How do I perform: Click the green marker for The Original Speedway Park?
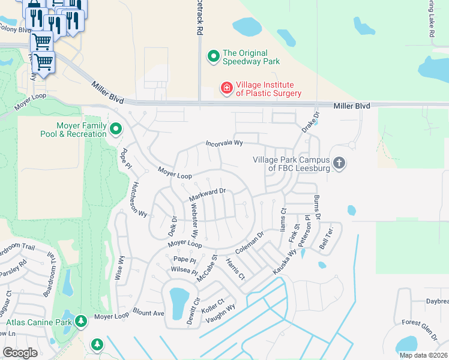(x=213, y=56)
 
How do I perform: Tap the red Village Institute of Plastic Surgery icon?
(x=227, y=89)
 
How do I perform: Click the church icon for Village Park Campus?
(x=339, y=163)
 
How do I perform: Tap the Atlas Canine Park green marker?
(x=81, y=322)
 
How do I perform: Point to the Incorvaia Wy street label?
(x=224, y=143)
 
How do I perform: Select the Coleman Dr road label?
(x=249, y=242)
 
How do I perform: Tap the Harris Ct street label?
(x=235, y=269)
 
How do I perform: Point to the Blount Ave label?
(x=148, y=313)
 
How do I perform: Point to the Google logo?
(x=20, y=353)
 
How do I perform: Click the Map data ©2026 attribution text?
(x=423, y=355)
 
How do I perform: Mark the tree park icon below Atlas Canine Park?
(x=97, y=344)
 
